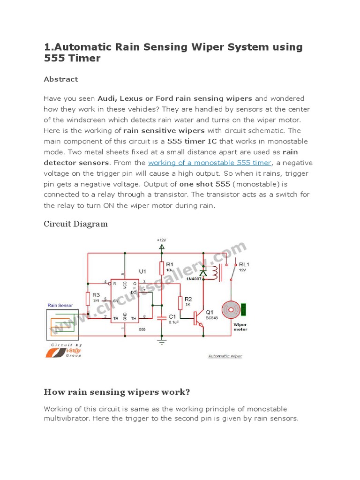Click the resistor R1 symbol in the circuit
pyautogui.click(x=162, y=268)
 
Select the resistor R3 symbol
pyautogui.click(x=88, y=299)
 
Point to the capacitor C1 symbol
pyautogui.click(x=162, y=318)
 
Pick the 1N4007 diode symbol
pyautogui.click(x=202, y=272)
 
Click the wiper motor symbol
pyautogui.click(x=230, y=310)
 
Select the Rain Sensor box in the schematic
pyautogui.click(x=62, y=324)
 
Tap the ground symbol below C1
pyautogui.click(x=162, y=342)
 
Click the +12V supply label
pyautogui.click(x=162, y=240)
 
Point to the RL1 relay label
pyautogui.click(x=244, y=264)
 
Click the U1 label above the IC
pyautogui.click(x=142, y=271)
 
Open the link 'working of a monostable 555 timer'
pyautogui.click(x=210, y=163)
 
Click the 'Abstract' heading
pyautogui.click(x=61, y=79)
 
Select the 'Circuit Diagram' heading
pyautogui.click(x=75, y=224)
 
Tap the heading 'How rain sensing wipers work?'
pyautogui.click(x=117, y=392)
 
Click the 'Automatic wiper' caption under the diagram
pyautogui.click(x=225, y=356)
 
